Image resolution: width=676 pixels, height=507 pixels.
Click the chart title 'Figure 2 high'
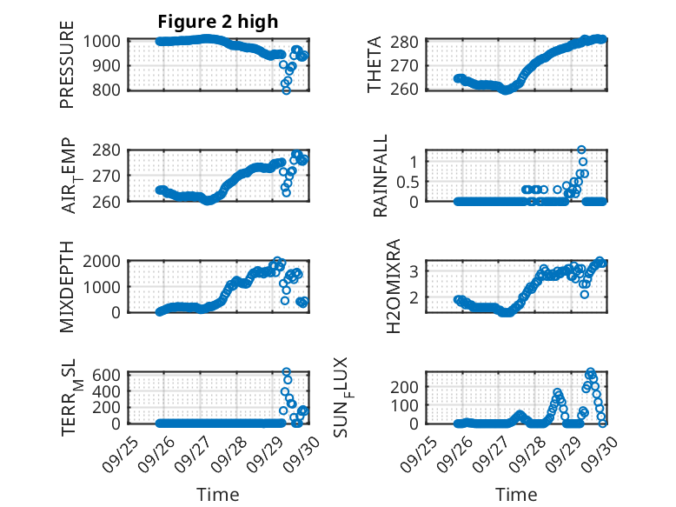pyautogui.click(x=218, y=22)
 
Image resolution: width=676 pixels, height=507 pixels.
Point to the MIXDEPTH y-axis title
pyautogui.click(x=67, y=286)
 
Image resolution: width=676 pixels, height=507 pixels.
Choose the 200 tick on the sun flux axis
pyautogui.click(x=411, y=386)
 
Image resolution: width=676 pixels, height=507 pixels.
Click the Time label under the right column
pyautogui.click(x=516, y=494)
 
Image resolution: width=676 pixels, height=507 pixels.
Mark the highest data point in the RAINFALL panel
pyautogui.click(x=581, y=150)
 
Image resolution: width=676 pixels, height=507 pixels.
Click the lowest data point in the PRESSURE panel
pyautogui.click(x=286, y=90)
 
